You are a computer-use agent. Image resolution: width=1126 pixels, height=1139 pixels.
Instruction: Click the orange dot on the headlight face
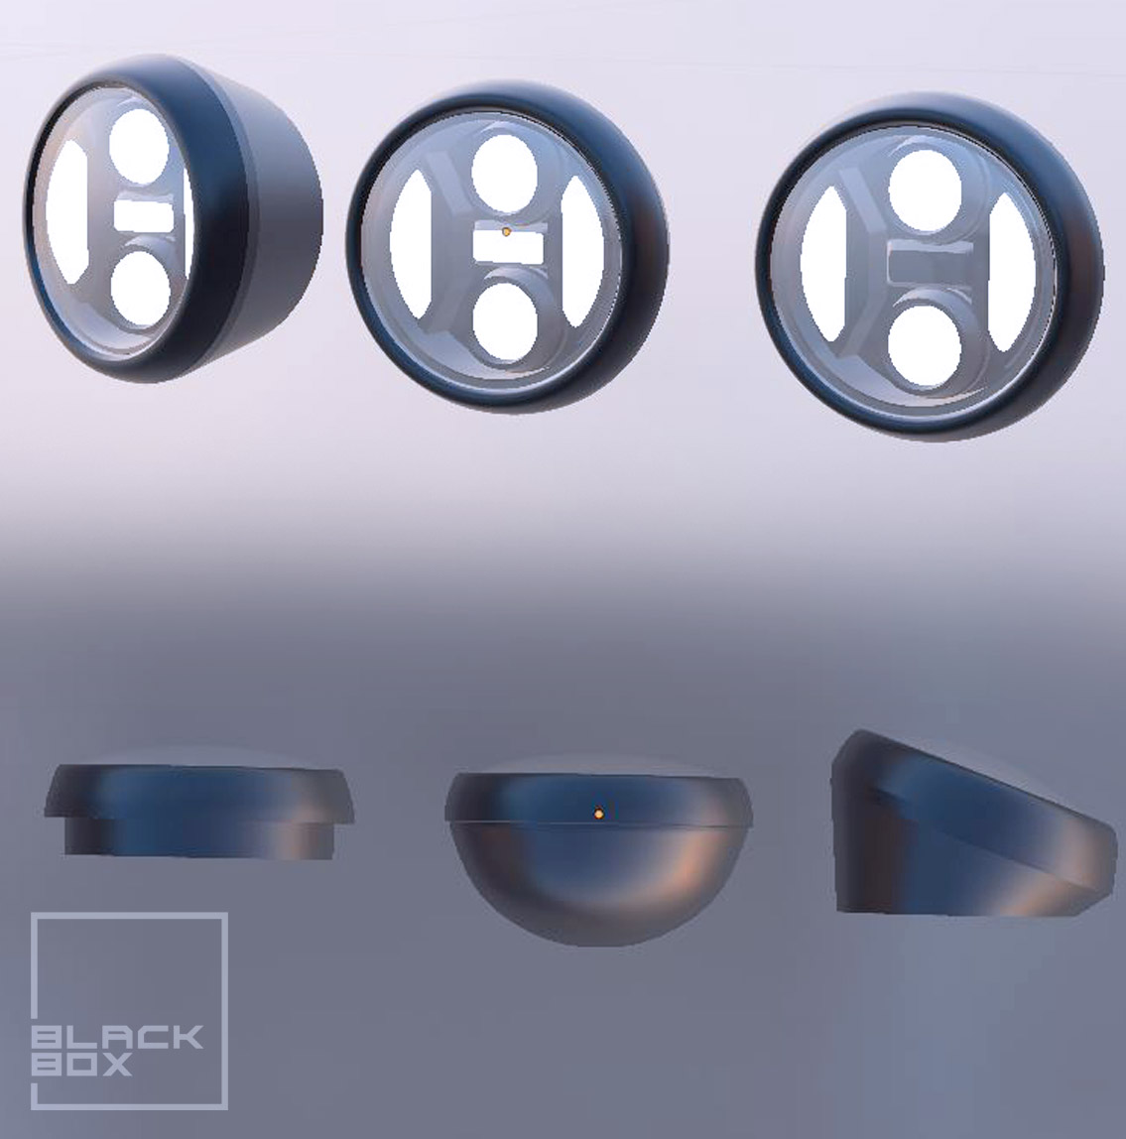tap(506, 231)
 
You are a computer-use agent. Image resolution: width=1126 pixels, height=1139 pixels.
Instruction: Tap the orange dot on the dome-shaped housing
tap(598, 814)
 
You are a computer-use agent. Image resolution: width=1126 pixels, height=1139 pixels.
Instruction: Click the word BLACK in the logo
tap(117, 1038)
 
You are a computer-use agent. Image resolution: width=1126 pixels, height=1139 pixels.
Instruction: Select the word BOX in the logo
tap(81, 1066)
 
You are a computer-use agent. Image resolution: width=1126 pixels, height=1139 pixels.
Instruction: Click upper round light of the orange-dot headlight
tap(504, 173)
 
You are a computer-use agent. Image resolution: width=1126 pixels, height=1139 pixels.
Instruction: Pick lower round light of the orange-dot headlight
tap(505, 322)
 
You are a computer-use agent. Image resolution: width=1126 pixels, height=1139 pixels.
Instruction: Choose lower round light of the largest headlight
tap(924, 346)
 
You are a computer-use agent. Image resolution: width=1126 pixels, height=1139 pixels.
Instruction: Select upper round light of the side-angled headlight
tap(138, 146)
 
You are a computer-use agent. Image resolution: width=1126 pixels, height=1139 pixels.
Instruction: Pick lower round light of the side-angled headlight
tap(141, 289)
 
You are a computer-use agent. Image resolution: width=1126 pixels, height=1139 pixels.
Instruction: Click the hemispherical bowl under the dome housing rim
tap(598, 883)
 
